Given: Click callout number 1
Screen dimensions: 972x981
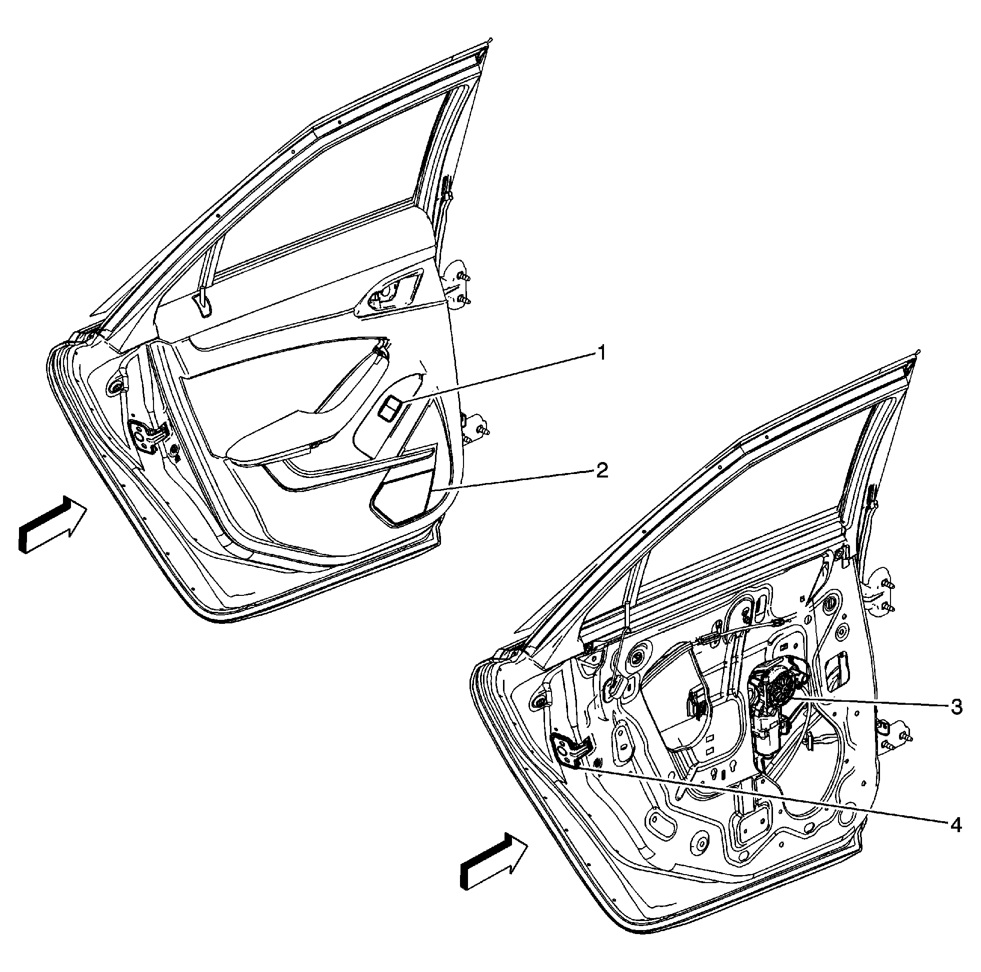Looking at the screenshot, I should coord(600,353).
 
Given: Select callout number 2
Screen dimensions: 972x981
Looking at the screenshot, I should coord(600,471).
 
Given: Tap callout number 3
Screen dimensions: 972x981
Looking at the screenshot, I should coord(956,707).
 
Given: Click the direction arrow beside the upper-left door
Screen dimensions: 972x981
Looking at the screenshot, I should coord(51,525).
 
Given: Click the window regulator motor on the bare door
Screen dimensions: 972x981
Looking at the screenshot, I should coord(774,700).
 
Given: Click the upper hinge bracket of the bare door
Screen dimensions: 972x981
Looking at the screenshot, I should coord(882,594).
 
